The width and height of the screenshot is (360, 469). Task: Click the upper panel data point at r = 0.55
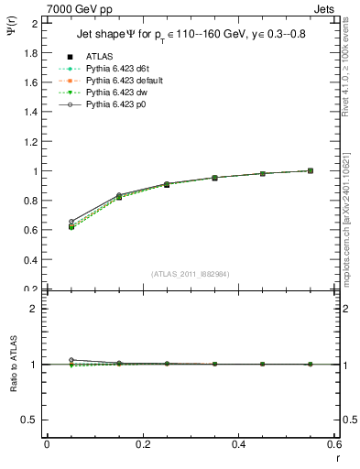[311, 170]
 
